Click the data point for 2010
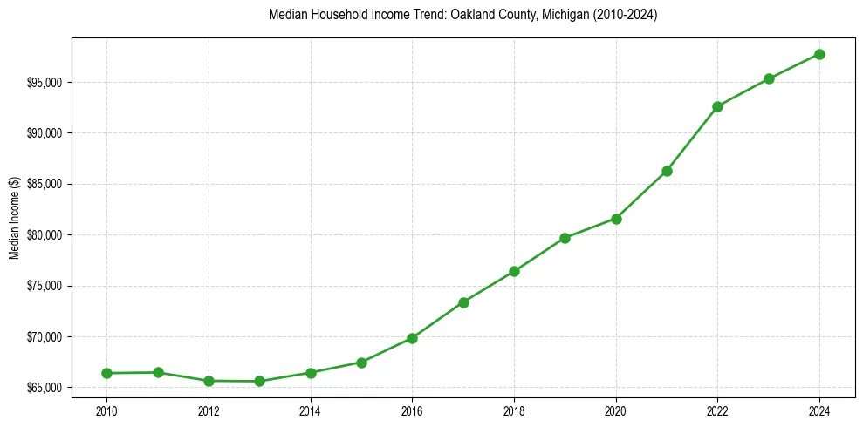(x=106, y=373)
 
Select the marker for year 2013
(x=259, y=381)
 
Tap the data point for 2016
(x=412, y=338)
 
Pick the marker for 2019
(x=565, y=238)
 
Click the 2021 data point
(x=667, y=171)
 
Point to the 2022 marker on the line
(x=717, y=106)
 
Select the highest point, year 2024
(x=819, y=54)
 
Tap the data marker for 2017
(x=463, y=302)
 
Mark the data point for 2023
(x=769, y=78)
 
